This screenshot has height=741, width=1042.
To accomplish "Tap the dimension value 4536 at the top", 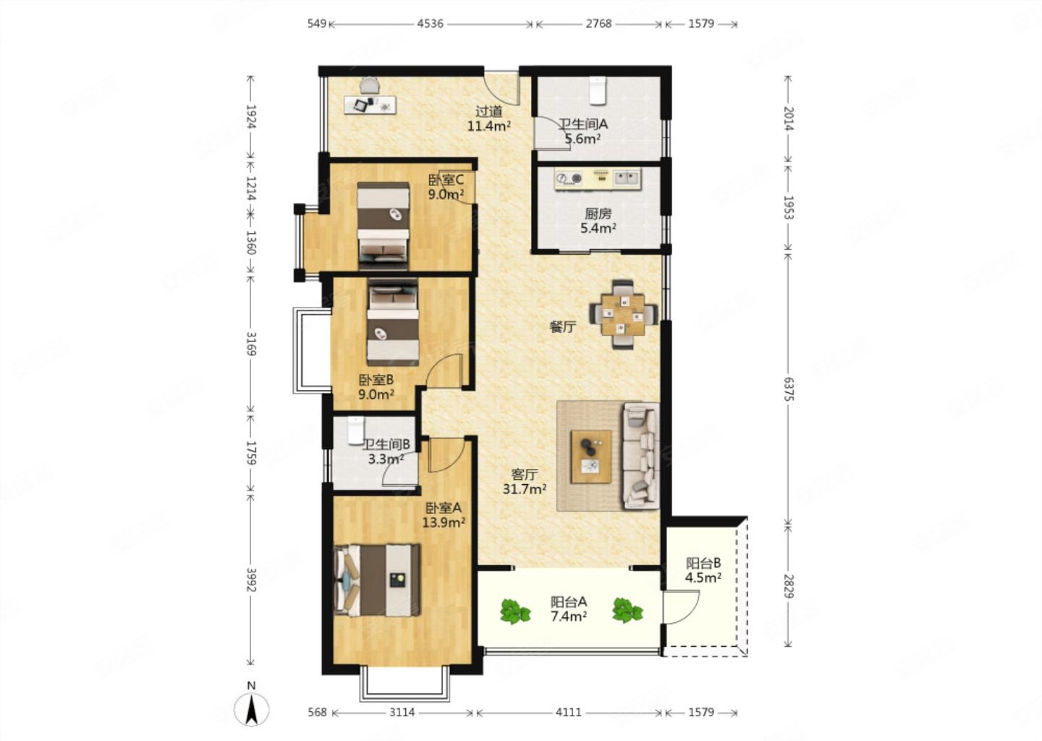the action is click(431, 24).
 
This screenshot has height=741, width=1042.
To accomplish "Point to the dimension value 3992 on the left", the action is click(251, 580).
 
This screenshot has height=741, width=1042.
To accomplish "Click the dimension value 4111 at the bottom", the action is click(569, 712).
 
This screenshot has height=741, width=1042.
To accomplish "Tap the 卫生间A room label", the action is click(583, 124).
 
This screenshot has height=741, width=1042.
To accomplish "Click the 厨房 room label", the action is click(598, 213).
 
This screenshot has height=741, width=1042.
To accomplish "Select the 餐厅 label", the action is click(563, 327).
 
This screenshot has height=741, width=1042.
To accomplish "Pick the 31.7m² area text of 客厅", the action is click(524, 489).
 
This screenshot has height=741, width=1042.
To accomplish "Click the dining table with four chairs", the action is click(623, 315).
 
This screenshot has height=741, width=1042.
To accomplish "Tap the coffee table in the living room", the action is click(591, 457).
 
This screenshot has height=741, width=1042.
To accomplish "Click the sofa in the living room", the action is click(641, 455).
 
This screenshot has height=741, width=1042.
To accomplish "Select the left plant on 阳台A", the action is click(515, 611).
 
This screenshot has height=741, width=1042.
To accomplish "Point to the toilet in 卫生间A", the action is click(597, 90).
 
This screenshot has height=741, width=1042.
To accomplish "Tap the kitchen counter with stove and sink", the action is click(598, 179).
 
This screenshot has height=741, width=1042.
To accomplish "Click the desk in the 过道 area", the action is click(370, 105).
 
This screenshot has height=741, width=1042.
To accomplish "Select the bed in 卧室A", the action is click(377, 580).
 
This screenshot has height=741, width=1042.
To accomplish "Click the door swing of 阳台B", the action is click(682, 606).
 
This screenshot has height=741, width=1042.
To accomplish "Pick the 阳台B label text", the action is click(703, 563).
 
